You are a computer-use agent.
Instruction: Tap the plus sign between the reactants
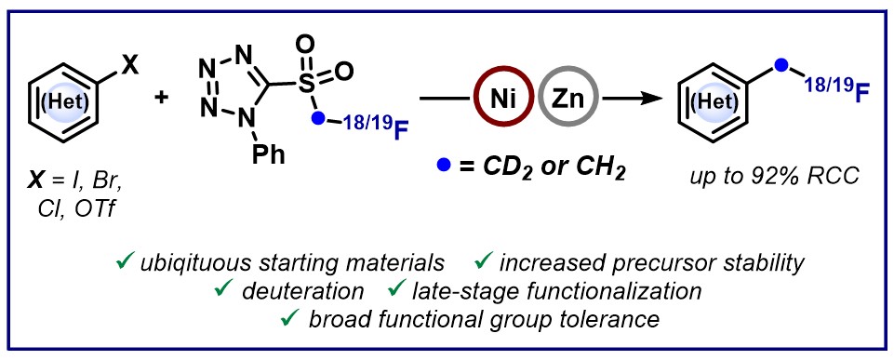click(x=162, y=98)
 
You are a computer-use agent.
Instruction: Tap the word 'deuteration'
click(x=302, y=291)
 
